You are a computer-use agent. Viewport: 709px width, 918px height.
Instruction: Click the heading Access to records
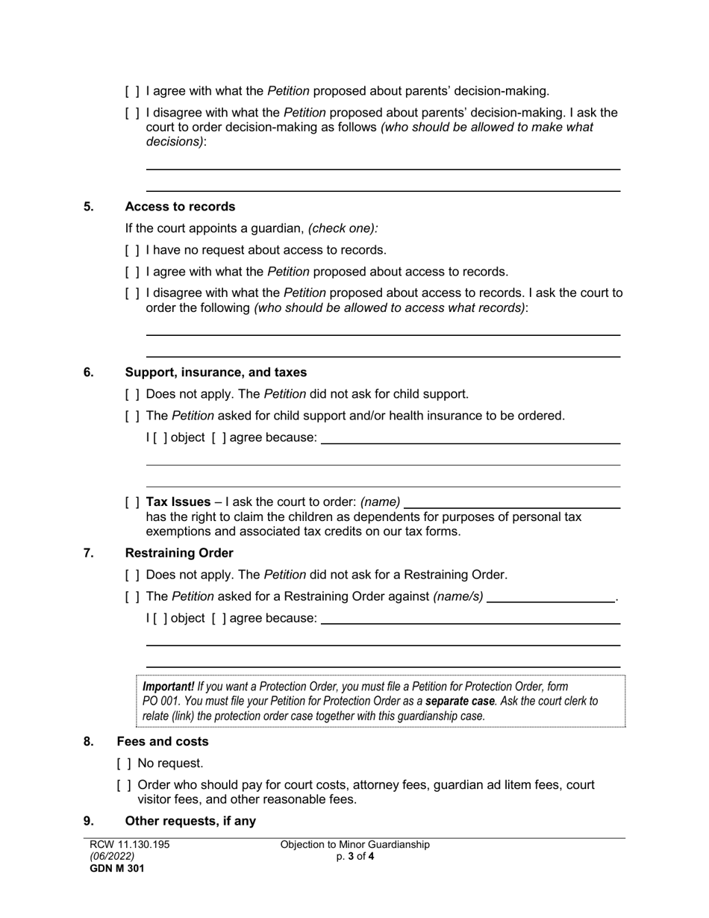coord(180,207)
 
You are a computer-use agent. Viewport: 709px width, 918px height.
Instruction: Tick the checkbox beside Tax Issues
coord(132,502)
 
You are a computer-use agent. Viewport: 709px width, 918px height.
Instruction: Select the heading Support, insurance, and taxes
coord(216,372)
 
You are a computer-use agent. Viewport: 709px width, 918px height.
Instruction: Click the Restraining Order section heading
coord(179,553)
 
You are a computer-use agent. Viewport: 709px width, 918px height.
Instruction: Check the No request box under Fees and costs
coord(124,764)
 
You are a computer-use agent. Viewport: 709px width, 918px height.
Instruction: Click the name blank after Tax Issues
coord(511,502)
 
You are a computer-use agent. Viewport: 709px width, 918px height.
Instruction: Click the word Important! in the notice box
coord(168,687)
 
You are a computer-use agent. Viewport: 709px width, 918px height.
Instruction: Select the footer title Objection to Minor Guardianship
coord(355,845)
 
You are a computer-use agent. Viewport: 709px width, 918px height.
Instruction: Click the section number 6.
coord(89,372)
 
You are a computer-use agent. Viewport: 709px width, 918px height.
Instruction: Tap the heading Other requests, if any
coord(190,821)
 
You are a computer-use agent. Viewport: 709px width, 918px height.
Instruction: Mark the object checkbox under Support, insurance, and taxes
coord(160,437)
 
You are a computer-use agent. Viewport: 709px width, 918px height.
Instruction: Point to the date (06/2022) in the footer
coord(112,857)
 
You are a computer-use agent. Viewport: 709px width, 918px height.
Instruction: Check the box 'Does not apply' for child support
coord(132,394)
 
